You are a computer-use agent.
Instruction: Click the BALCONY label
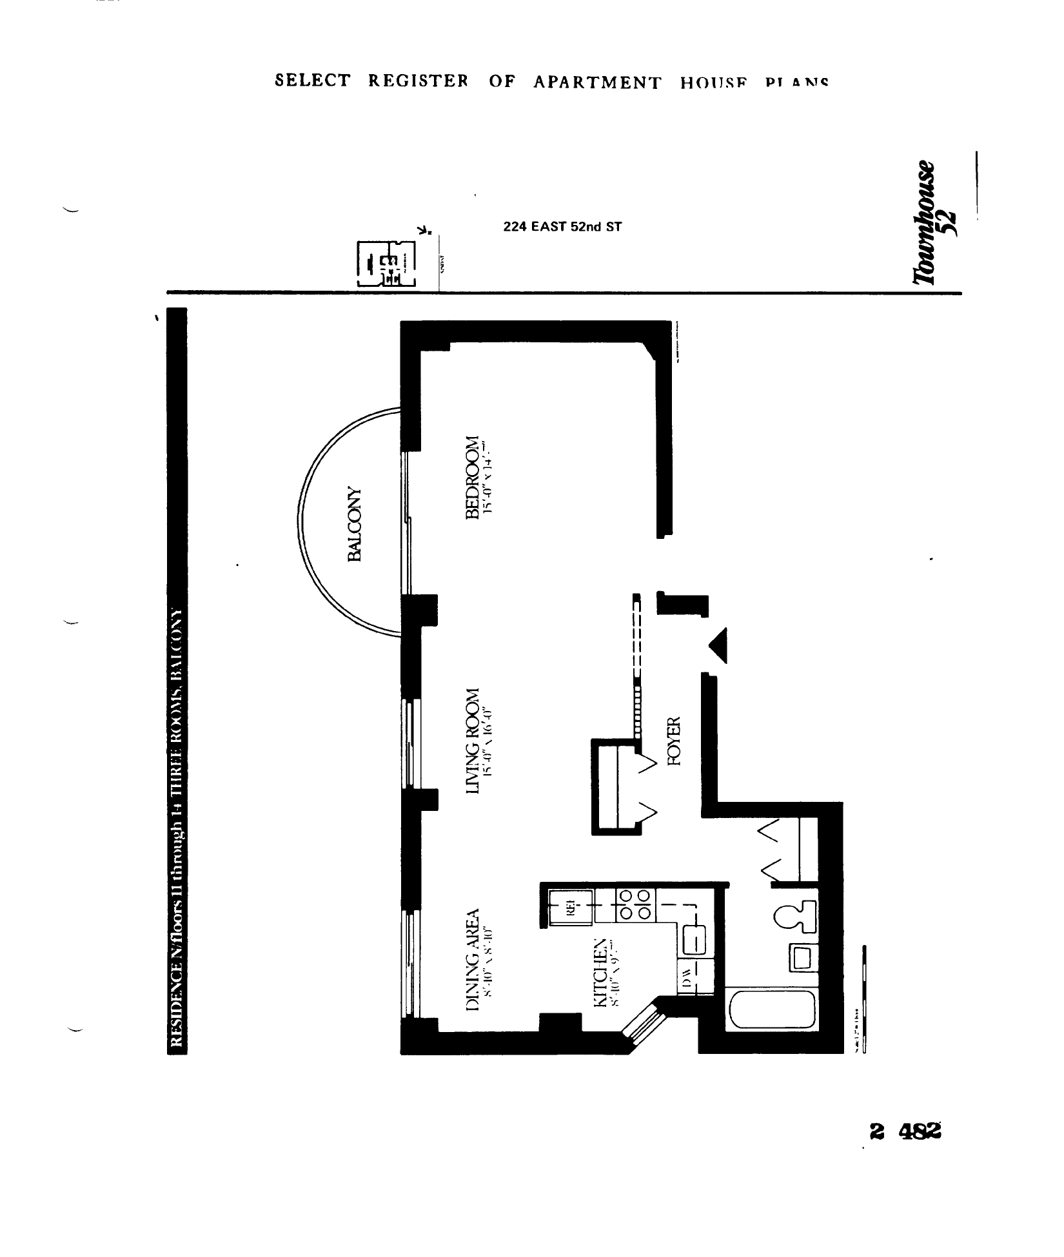click(x=357, y=523)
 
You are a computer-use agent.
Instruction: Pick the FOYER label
click(x=675, y=741)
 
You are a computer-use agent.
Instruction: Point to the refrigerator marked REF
click(x=571, y=908)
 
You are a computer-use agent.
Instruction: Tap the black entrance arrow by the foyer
click(x=719, y=645)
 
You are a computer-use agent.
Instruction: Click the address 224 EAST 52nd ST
click(x=562, y=227)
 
